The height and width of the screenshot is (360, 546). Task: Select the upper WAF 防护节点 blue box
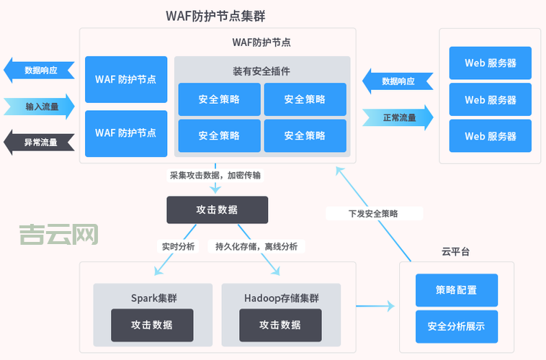pyautogui.click(x=126, y=79)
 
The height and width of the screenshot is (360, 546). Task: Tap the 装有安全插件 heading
pyautogui.click(x=261, y=71)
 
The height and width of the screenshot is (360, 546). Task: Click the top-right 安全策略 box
pyautogui.click(x=305, y=99)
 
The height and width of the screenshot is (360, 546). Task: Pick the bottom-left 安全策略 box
pyautogui.click(x=219, y=135)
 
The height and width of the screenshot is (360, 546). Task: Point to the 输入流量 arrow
pyautogui.click(x=40, y=107)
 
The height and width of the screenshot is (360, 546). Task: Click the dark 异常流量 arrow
pyautogui.click(x=40, y=143)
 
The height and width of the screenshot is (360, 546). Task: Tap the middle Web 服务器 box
pyautogui.click(x=490, y=100)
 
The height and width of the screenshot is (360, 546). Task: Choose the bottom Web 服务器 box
pyautogui.click(x=490, y=136)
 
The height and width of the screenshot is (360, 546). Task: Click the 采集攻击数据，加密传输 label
pyautogui.click(x=215, y=175)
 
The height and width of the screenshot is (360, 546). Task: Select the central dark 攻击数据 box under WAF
pyautogui.click(x=217, y=210)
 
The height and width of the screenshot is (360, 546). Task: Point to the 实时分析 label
pyautogui.click(x=177, y=246)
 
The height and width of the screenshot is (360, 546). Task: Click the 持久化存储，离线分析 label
pyautogui.click(x=256, y=246)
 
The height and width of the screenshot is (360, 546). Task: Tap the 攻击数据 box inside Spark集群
pyautogui.click(x=152, y=325)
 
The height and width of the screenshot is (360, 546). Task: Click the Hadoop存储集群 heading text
pyautogui.click(x=280, y=297)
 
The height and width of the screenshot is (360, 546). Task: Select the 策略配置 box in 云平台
pyautogui.click(x=456, y=290)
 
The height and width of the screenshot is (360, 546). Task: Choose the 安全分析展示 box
pyautogui.click(x=456, y=326)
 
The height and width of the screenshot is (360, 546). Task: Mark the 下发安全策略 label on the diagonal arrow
pyautogui.click(x=373, y=214)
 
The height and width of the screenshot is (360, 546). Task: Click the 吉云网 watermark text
pyautogui.click(x=58, y=234)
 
